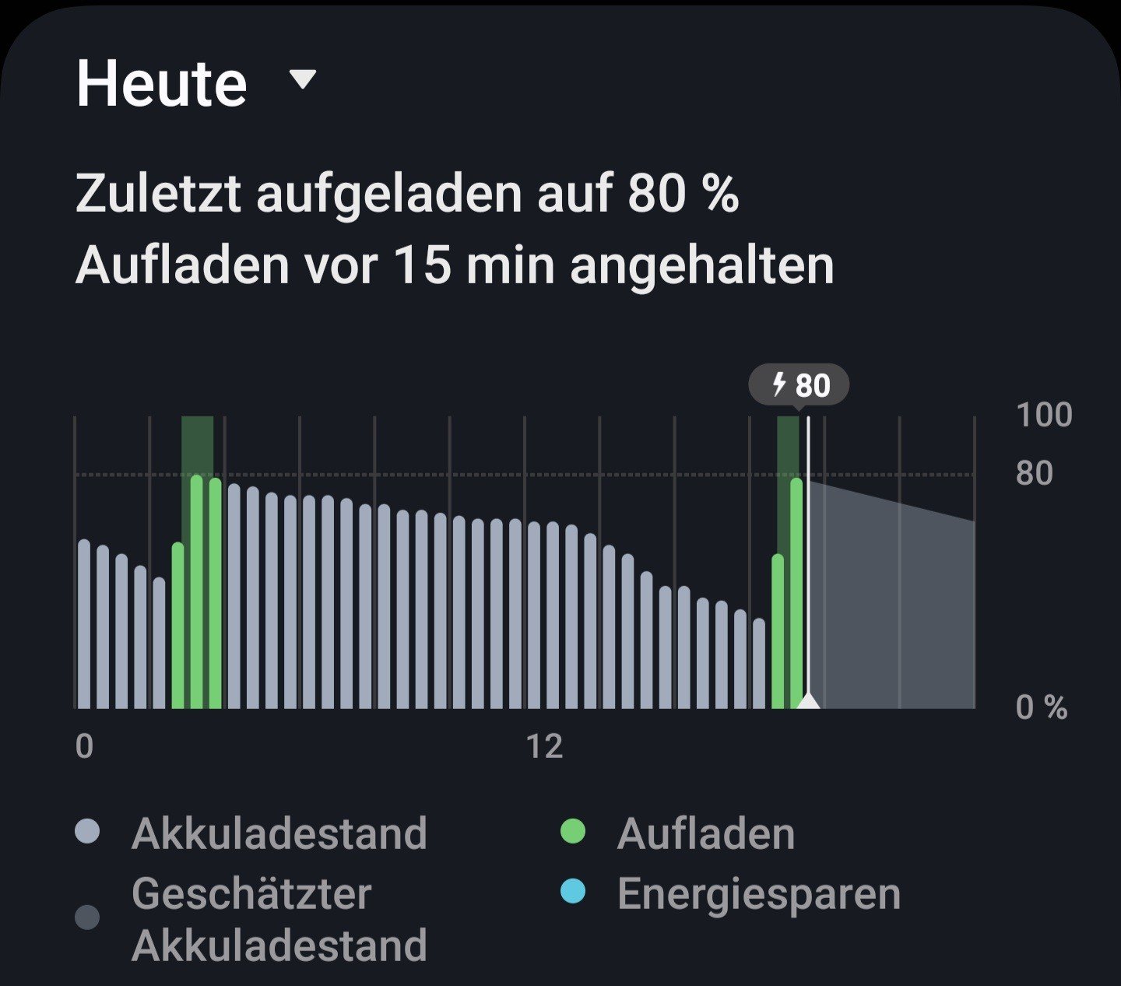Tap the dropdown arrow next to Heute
coord(302,79)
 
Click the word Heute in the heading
coord(162,84)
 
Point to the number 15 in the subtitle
coord(423,265)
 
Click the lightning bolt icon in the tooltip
coord(778,384)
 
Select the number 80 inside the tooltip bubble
coord(813,385)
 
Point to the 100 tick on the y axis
coord(1044,415)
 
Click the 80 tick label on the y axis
coord(1034,473)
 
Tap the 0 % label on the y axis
coord(1041,707)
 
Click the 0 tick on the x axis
coord(84,746)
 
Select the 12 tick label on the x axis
coord(543,747)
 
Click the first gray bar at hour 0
coord(84,623)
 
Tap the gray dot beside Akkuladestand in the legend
coord(87,832)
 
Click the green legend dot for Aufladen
coord(572,832)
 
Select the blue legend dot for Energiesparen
coord(572,892)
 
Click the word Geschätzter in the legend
coord(251,893)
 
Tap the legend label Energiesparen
coord(758,893)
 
